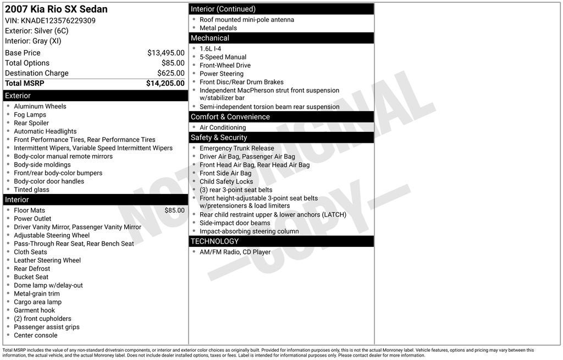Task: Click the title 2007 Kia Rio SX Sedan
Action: [x=56, y=9]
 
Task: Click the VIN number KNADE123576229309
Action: [x=58, y=21]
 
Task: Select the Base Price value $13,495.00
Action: [x=165, y=53]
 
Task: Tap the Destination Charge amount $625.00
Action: [x=170, y=73]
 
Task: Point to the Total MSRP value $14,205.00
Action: [x=165, y=84]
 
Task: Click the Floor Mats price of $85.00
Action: [x=174, y=211]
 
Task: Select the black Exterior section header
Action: [x=95, y=96]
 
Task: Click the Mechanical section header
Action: [x=281, y=38]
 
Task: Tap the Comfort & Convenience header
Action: [x=281, y=117]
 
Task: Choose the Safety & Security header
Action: [x=281, y=137]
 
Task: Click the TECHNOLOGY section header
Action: [x=281, y=241]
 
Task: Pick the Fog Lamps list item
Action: [x=30, y=115]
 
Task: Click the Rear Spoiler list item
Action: [x=31, y=123]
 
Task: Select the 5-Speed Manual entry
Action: [x=223, y=57]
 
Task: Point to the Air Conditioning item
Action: [x=223, y=128]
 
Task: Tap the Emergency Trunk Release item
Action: [x=236, y=148]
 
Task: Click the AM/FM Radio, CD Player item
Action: [x=235, y=252]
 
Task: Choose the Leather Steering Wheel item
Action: [x=47, y=261]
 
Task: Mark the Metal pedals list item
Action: [x=218, y=28]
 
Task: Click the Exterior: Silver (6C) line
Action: [x=37, y=31]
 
